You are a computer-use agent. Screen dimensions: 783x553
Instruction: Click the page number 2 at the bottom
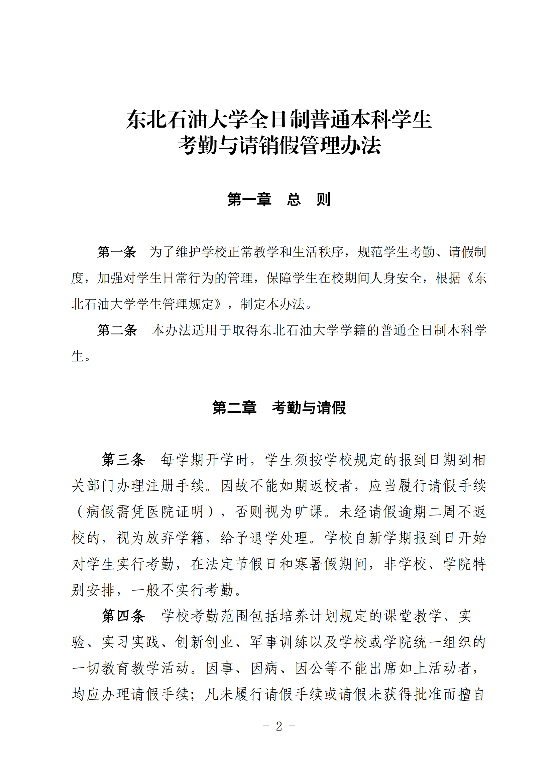(x=279, y=727)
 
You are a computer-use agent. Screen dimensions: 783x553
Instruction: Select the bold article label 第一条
(x=116, y=252)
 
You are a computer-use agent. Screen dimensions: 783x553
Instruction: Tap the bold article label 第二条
(x=116, y=330)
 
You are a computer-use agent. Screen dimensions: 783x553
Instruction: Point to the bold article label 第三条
(x=123, y=460)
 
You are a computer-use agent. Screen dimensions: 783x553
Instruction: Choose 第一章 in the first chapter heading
(x=249, y=200)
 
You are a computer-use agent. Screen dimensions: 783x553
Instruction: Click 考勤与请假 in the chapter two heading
(x=309, y=408)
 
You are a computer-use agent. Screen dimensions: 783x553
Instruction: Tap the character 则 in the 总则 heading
(x=323, y=200)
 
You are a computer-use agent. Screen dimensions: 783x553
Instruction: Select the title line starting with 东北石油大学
(x=279, y=120)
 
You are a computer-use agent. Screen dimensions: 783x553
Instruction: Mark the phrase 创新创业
(x=204, y=642)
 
